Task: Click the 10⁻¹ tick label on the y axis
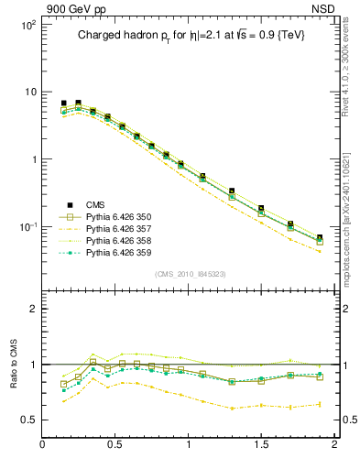coord(27,226)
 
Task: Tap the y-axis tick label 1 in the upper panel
coord(33,159)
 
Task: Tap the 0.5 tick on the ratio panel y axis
coord(29,420)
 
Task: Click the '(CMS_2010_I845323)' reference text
coord(187,274)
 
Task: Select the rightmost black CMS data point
coord(319,238)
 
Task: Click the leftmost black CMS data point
coord(63,104)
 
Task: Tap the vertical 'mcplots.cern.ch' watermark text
coord(350,211)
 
